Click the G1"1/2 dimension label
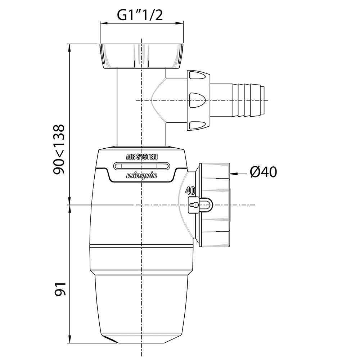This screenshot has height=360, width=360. tap(140, 15)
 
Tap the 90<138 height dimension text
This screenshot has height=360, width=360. tap(59, 149)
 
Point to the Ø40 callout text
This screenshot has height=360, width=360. tap(264, 172)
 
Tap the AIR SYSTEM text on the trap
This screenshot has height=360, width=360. tap(142, 157)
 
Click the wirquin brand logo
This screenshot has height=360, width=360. tap(141, 176)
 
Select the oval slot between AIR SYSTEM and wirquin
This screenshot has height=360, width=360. tap(141, 166)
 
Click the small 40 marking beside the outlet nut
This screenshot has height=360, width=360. tap(190, 190)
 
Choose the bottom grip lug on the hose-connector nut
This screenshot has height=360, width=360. tap(197, 126)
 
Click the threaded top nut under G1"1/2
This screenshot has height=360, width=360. tap(141, 56)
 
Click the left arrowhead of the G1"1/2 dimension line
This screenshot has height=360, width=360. tap(104, 23)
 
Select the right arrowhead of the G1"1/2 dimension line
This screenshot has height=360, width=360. tap(180, 23)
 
